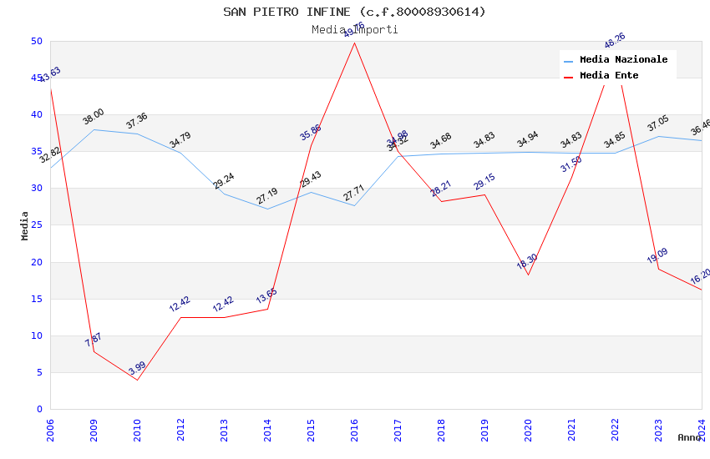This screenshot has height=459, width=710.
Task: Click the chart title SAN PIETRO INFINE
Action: [x=354, y=12]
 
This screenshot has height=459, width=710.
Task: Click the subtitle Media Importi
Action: [x=354, y=29]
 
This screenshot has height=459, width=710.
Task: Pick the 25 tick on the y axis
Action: [x=37, y=189]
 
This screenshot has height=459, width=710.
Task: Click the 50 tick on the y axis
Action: [x=37, y=42]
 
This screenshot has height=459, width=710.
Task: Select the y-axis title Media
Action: [x=25, y=225]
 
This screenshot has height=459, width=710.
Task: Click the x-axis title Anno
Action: [x=689, y=437]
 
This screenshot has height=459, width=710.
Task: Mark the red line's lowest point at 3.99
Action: [x=137, y=380]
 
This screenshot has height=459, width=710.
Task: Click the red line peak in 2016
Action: [x=354, y=43]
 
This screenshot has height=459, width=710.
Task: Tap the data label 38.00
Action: [x=94, y=117]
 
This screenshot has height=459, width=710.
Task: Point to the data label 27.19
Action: [x=267, y=196]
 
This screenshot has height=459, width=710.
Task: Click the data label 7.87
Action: [x=94, y=339]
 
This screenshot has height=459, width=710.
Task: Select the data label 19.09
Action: [x=658, y=255]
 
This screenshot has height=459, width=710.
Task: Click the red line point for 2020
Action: [x=528, y=275]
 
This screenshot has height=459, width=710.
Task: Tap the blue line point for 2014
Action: [x=267, y=209]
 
